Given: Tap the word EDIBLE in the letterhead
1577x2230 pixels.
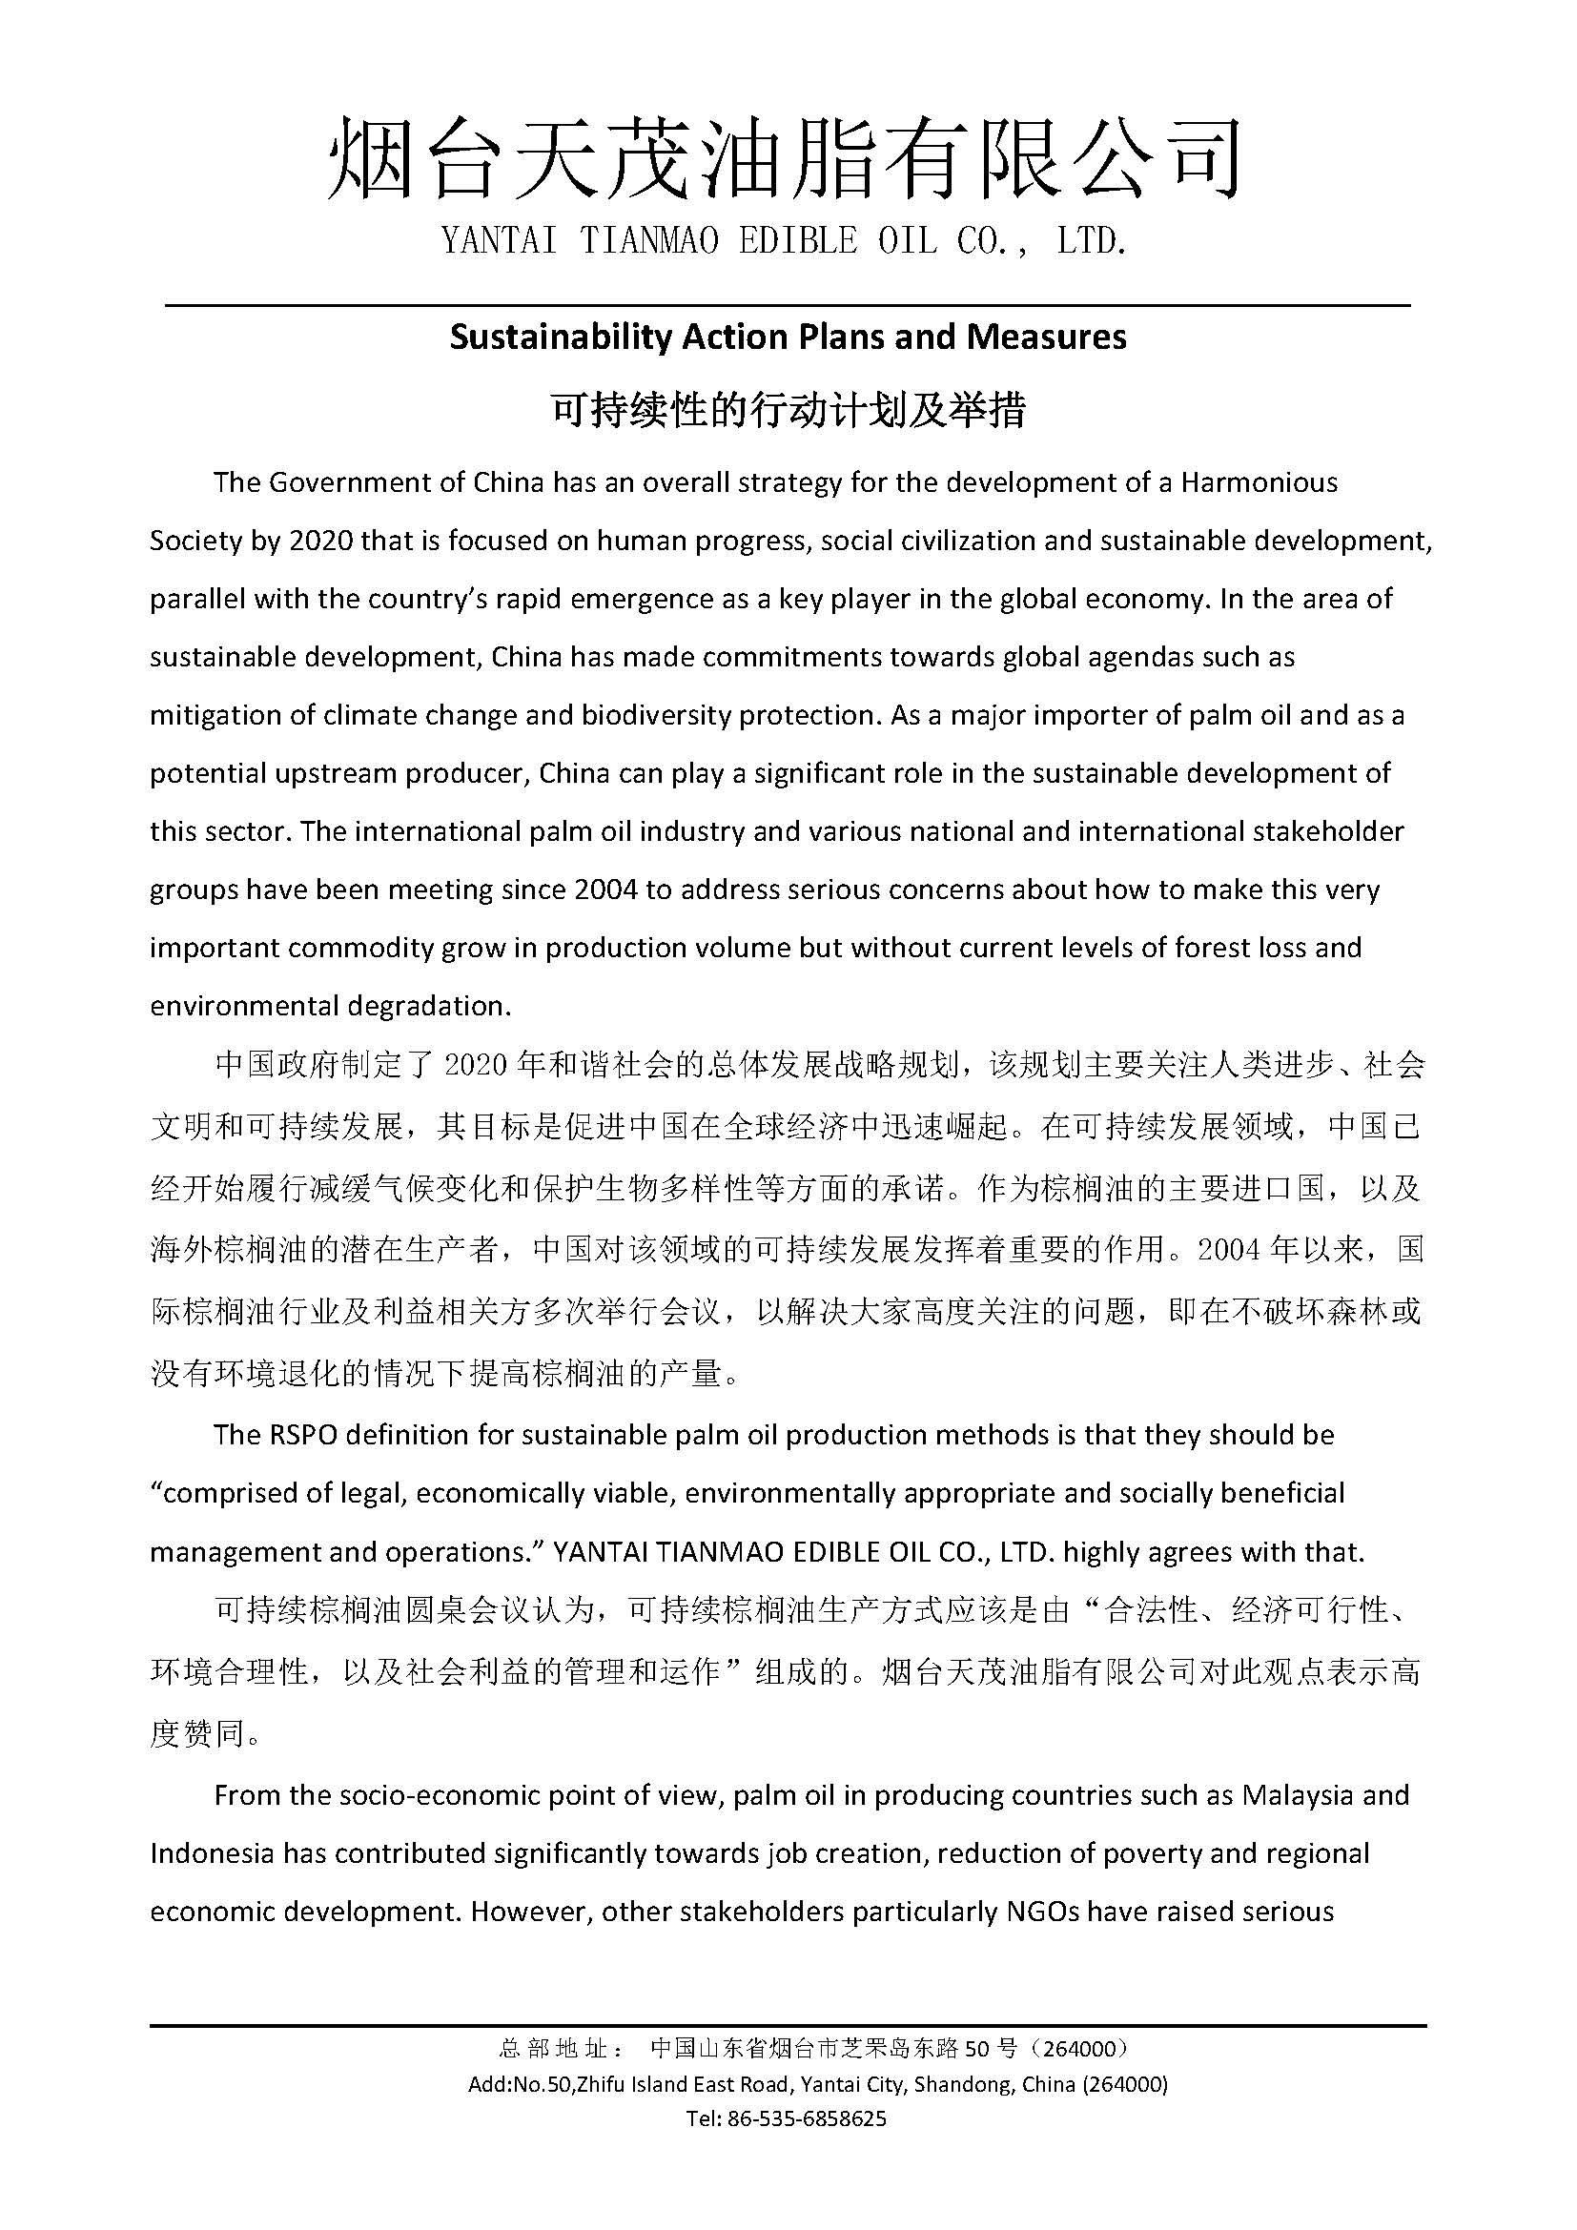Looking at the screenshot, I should pyautogui.click(x=797, y=241).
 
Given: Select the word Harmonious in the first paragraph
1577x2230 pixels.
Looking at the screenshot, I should pyautogui.click(x=1259, y=482).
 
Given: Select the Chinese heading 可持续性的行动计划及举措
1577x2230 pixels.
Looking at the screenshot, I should pyautogui.click(x=788, y=411).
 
